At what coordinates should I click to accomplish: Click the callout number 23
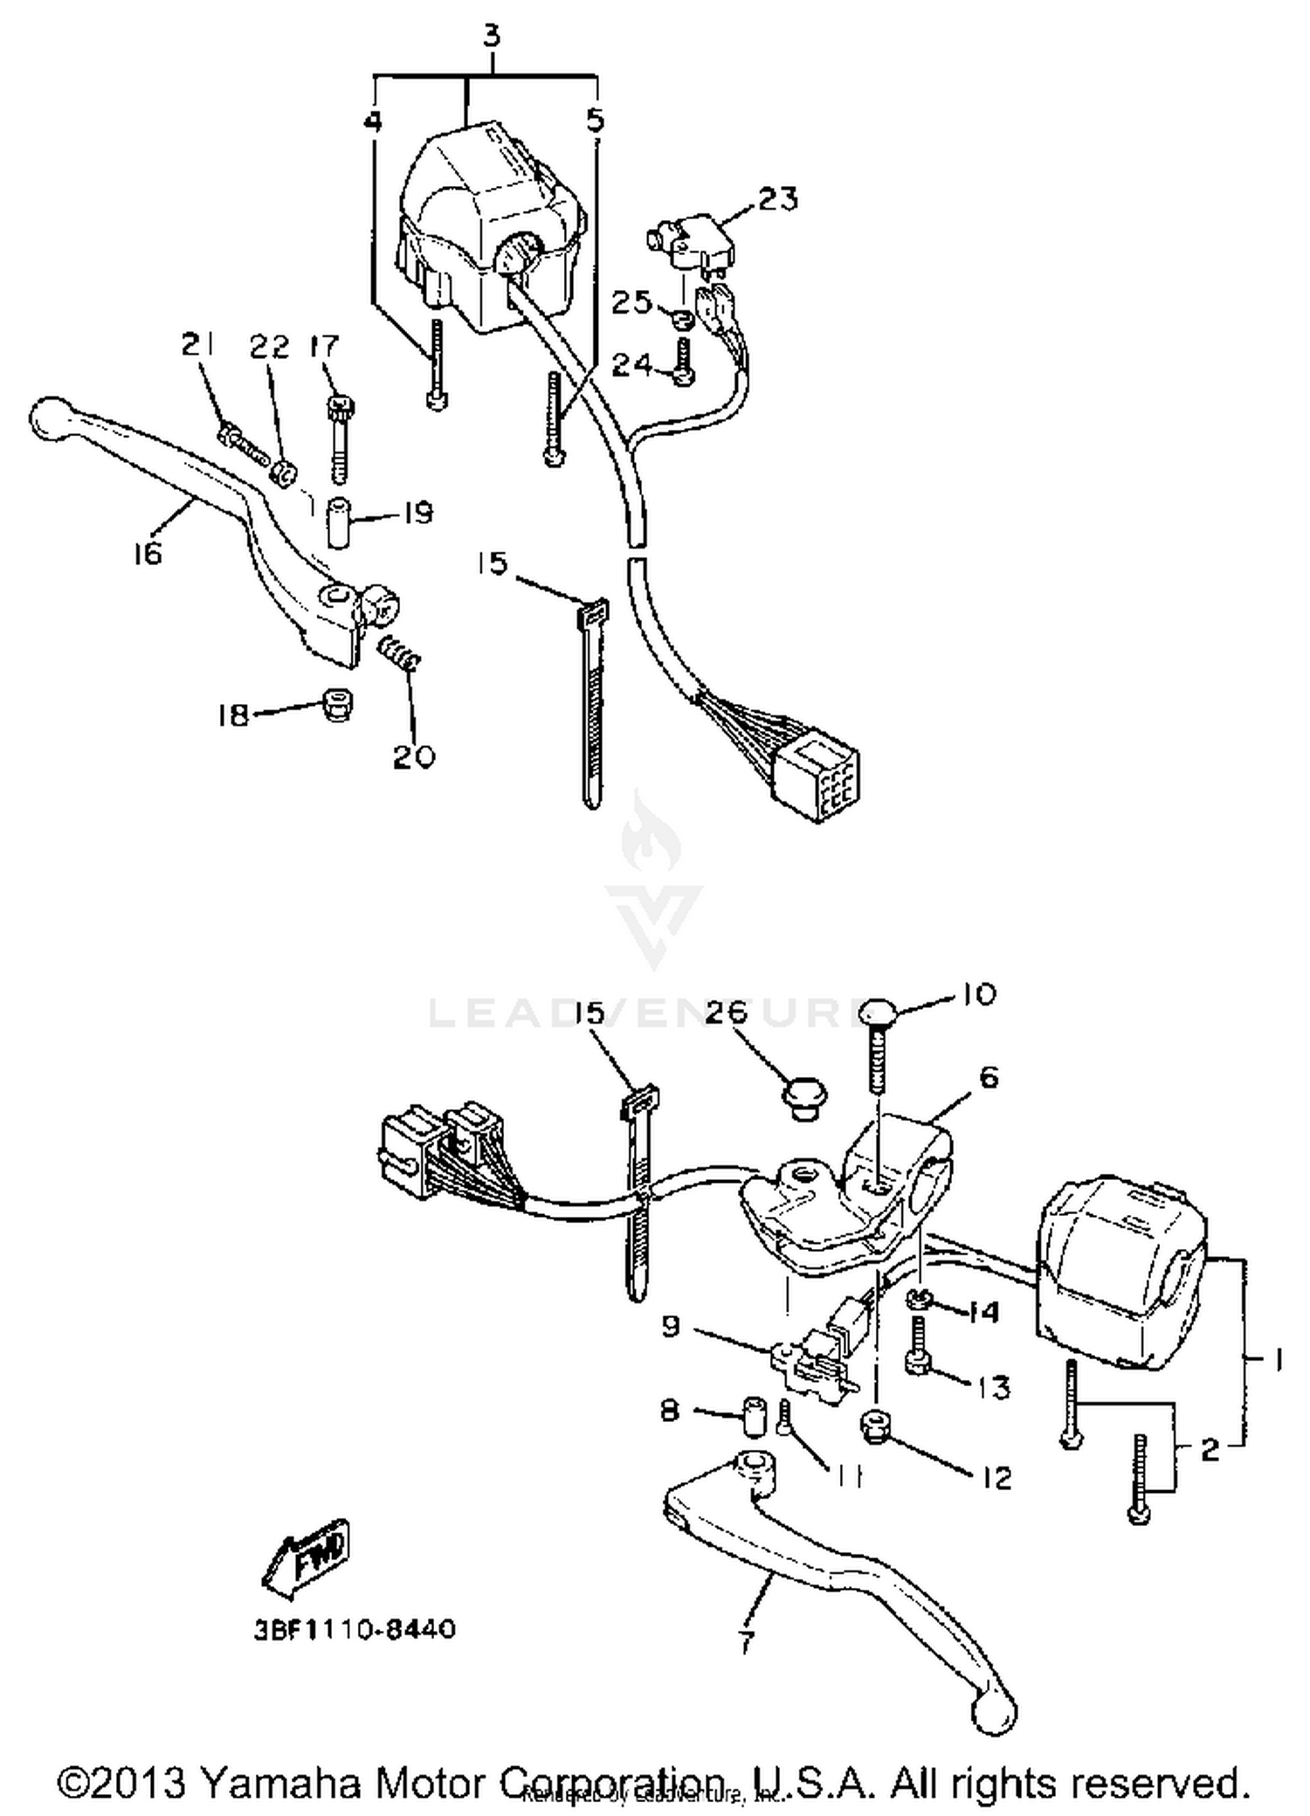(x=777, y=199)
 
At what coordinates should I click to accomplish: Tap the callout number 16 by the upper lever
(x=148, y=553)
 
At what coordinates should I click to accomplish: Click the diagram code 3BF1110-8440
(x=355, y=1629)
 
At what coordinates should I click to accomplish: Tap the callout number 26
(x=727, y=1012)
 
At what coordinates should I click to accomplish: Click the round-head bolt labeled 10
(x=877, y=1015)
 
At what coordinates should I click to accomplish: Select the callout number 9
(x=671, y=1327)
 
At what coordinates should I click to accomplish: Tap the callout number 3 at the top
(x=492, y=37)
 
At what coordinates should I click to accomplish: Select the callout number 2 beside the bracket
(x=1209, y=1451)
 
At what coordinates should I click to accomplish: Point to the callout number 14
(x=983, y=1312)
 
